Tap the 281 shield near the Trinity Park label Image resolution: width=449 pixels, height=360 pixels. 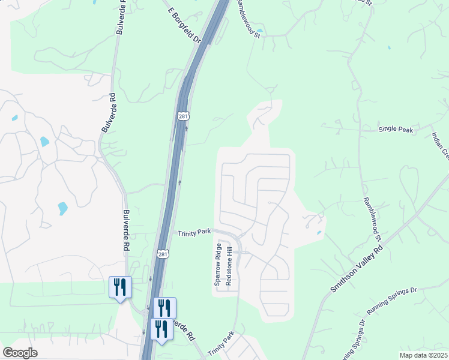click(163, 254)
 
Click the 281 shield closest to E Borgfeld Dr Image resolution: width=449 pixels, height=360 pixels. click(184, 116)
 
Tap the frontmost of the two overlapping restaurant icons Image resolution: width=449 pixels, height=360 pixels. click(161, 329)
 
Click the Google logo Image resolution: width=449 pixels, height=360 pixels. click(20, 353)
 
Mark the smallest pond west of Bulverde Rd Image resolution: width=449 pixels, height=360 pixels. click(14, 118)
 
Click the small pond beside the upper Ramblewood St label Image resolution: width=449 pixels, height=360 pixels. click(259, 30)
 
